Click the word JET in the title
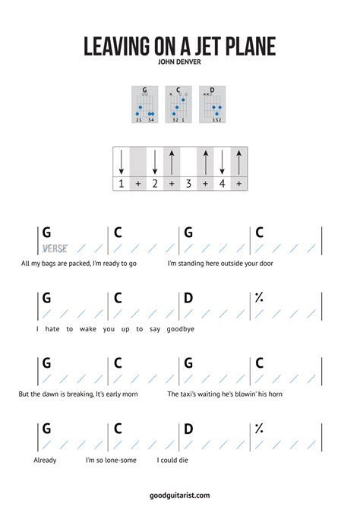pyautogui.click(x=202, y=47)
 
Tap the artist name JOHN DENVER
pyautogui.click(x=179, y=63)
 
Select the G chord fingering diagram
pyautogui.click(x=144, y=105)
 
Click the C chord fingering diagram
pyautogui.click(x=178, y=105)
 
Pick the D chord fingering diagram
pyautogui.click(x=212, y=105)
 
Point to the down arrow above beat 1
pyautogui.click(x=121, y=162)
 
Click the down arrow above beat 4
pyautogui.click(x=222, y=162)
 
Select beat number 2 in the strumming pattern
pyautogui.click(x=154, y=184)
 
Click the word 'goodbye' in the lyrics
pyautogui.click(x=181, y=329)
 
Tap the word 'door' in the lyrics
pyautogui.click(x=265, y=264)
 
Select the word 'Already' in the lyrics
pyautogui.click(x=45, y=460)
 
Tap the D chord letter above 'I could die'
pyautogui.click(x=188, y=429)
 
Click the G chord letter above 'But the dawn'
pyautogui.click(x=46, y=363)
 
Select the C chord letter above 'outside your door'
pyautogui.click(x=260, y=233)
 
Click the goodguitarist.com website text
pyautogui.click(x=179, y=495)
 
